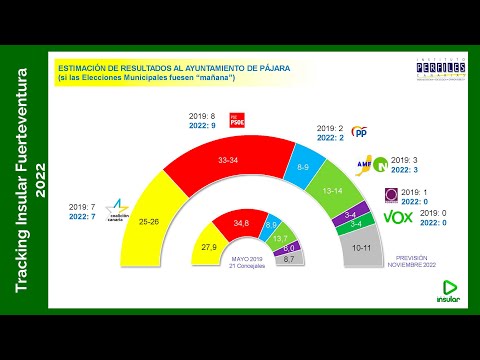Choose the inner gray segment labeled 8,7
pos(288,259)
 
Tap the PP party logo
pos(361,131)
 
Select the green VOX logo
pos(398,217)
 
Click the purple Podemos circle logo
pos(390,194)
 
